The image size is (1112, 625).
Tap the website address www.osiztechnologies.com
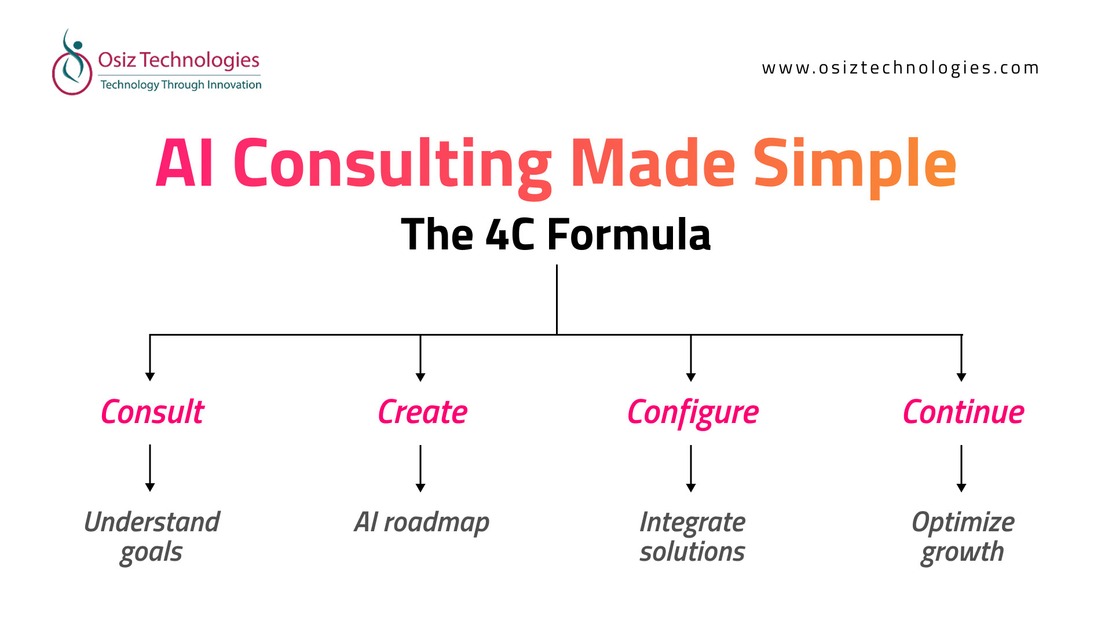900,68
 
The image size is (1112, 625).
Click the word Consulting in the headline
393,164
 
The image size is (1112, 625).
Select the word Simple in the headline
855,164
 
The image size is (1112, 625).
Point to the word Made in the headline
653,164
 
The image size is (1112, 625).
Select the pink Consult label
152,412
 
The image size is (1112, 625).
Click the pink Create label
422,412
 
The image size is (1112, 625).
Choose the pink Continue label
963,412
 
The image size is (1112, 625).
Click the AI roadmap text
422,523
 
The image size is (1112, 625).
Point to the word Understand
152,522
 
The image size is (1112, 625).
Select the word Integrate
692,522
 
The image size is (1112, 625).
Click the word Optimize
963,522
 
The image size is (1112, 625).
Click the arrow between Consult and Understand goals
150,468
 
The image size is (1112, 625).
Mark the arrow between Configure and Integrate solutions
691,468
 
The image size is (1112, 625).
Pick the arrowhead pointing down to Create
420,377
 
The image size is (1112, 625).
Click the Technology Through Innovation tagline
181,85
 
